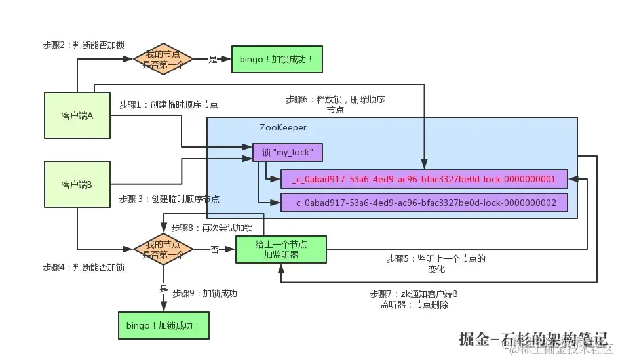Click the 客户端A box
(77, 115)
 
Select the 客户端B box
(77, 185)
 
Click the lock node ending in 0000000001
(424, 178)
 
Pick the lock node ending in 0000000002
(424, 203)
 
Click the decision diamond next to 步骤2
(163, 58)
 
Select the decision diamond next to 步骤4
(163, 249)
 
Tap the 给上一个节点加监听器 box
(281, 249)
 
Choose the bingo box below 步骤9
(163, 325)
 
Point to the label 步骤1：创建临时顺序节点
(168, 104)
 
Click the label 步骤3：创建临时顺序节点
(169, 199)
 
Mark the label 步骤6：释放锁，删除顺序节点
(336, 105)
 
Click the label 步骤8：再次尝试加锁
(212, 228)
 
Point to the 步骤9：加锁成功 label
(204, 293)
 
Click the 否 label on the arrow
(214, 249)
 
